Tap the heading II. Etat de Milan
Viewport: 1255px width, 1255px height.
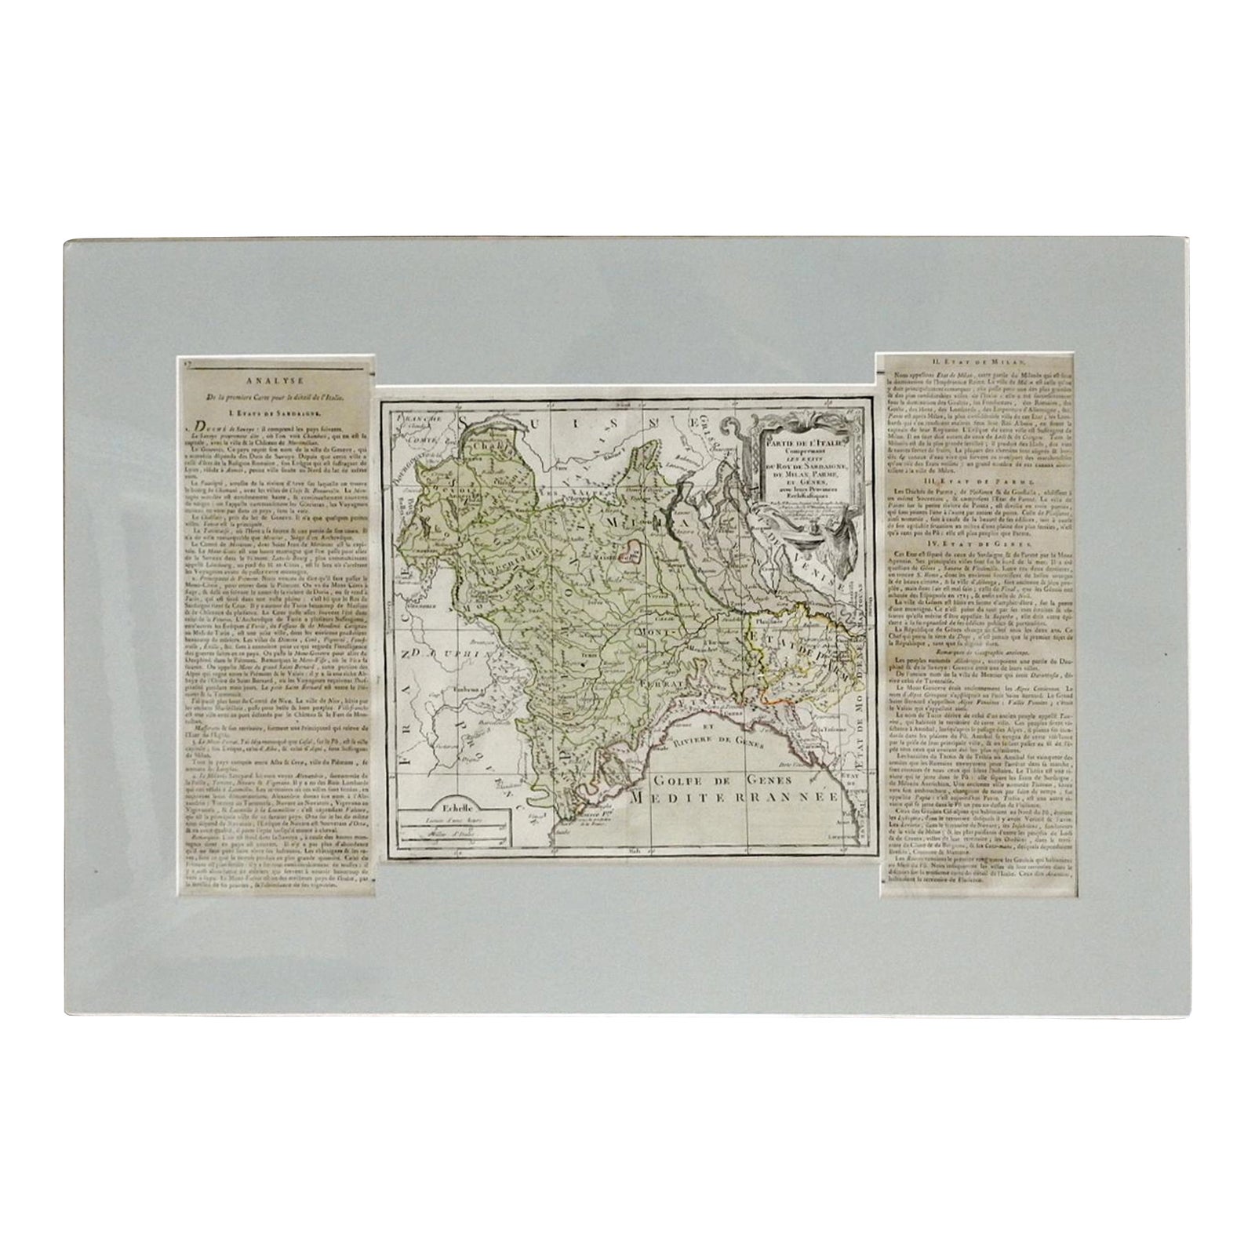pos(977,362)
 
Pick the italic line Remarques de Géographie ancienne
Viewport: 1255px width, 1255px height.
pos(977,653)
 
